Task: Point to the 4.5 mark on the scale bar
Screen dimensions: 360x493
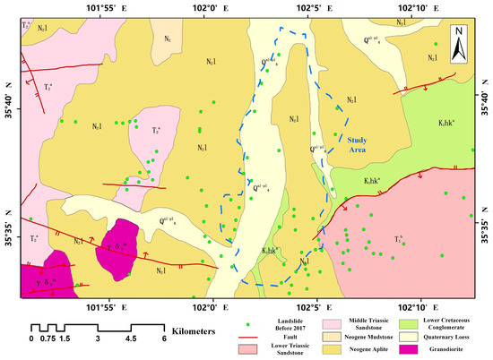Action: (x=131, y=339)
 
